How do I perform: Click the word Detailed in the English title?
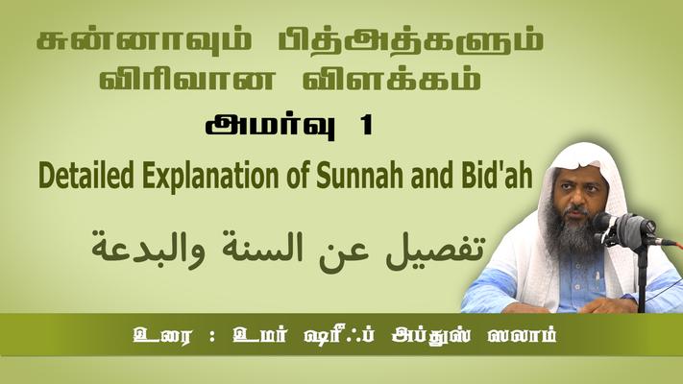(x=86, y=176)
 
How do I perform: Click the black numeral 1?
(x=366, y=127)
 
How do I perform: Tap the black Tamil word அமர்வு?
(x=271, y=127)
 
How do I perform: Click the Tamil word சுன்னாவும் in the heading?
(x=144, y=41)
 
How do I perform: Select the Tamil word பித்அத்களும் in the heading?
(x=410, y=41)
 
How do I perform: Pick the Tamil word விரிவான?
(x=187, y=79)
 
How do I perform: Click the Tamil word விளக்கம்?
(x=392, y=79)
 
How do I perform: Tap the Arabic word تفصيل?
(x=435, y=250)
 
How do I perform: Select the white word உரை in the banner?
(x=162, y=336)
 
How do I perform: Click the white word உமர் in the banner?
(x=259, y=336)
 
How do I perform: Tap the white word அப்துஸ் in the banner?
(x=431, y=336)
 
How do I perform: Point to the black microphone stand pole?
(x=642, y=278)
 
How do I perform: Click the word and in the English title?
(x=430, y=176)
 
